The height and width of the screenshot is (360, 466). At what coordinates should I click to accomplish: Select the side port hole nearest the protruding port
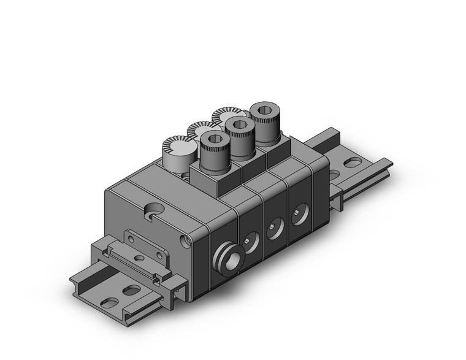(x=250, y=239)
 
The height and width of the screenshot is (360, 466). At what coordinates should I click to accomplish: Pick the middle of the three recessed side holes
(x=274, y=225)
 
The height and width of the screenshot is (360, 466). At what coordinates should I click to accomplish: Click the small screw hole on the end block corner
(x=183, y=237)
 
